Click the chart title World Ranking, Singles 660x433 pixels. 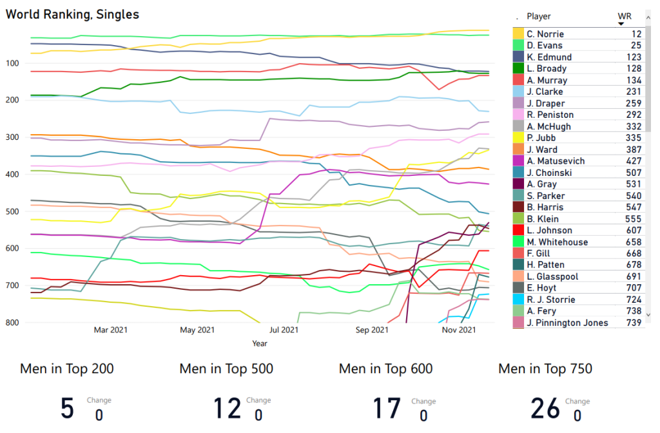pos(72,14)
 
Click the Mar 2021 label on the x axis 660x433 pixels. pos(110,331)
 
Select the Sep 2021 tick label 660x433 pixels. pos(371,331)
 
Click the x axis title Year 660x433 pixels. pos(260,344)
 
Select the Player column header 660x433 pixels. pos(539,16)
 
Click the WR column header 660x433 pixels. pos(624,16)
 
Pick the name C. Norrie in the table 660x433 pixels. pos(545,34)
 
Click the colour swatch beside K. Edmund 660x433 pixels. pos(518,57)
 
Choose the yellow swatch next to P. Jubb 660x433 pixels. pos(518,139)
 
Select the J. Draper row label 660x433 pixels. pos(545,104)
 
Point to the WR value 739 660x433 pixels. pos(634,323)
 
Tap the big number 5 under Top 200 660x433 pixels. pos(67,409)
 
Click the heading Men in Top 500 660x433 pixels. pos(226,369)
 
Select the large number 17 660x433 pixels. pos(387,409)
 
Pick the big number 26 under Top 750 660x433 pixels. pos(546,409)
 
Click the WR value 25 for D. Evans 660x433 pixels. pos(636,46)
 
